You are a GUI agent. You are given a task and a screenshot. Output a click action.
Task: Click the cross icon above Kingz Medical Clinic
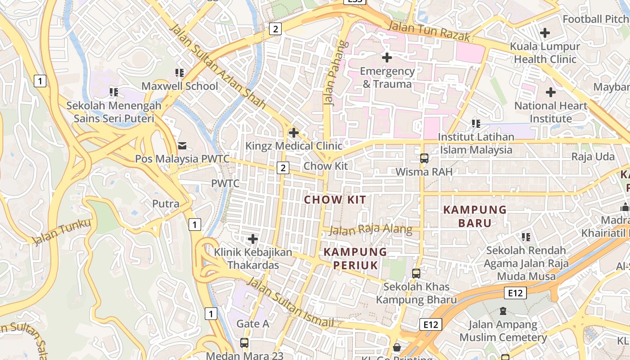tap(294, 133)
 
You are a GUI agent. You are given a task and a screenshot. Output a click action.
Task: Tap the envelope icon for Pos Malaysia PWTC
tap(182, 145)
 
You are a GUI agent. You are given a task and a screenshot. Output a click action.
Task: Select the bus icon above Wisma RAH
tap(424, 158)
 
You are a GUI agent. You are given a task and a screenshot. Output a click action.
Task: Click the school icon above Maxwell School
tap(180, 73)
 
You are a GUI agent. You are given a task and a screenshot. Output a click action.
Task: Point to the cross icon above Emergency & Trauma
tap(387, 58)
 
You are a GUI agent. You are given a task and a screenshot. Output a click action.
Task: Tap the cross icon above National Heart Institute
tap(550, 92)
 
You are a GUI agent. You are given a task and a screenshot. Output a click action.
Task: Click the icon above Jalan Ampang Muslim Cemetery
tap(503, 311)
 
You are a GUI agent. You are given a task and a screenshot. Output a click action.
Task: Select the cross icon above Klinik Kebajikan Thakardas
tap(253, 238)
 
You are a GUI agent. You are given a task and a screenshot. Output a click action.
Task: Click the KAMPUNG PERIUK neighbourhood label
tap(355, 258)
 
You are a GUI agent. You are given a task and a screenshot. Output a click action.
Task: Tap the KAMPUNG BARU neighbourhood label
tap(475, 216)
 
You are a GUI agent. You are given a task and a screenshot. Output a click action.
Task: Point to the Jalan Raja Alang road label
tap(370, 230)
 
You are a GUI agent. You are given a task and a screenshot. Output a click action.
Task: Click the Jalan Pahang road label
tap(332, 73)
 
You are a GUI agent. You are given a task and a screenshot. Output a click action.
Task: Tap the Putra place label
tap(166, 204)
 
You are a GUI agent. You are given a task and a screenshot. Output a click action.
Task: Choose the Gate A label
tap(252, 324)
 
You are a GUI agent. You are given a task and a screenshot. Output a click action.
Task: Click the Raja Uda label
tap(593, 157)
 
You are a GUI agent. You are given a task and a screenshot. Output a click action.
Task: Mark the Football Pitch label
tap(595, 19)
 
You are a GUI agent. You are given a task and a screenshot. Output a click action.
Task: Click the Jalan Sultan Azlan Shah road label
tap(217, 66)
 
